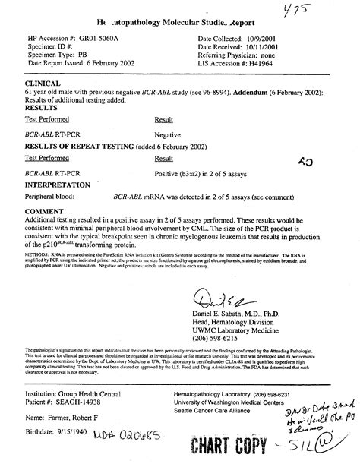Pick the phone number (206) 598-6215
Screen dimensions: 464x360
[223, 339]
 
